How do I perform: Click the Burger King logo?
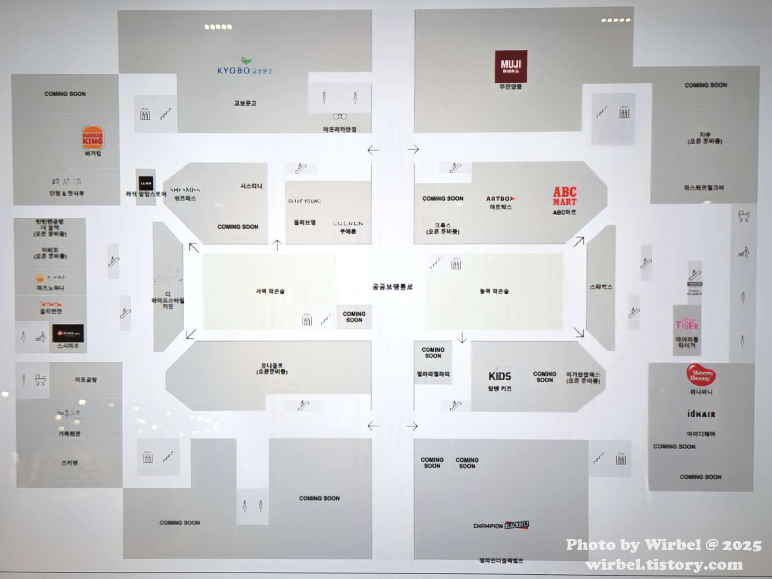(x=93, y=137)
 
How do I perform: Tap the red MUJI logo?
(x=510, y=67)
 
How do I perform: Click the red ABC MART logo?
(x=565, y=196)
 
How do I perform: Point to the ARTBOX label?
(x=500, y=198)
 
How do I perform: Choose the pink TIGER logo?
(x=687, y=324)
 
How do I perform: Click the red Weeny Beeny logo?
(x=701, y=375)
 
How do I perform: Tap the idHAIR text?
(x=701, y=414)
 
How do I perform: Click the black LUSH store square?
(x=145, y=183)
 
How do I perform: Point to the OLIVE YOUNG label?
(x=304, y=201)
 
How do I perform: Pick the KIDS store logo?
(x=500, y=376)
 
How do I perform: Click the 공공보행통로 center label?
(x=392, y=287)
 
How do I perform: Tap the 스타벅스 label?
(x=601, y=287)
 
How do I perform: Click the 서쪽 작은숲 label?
(x=270, y=291)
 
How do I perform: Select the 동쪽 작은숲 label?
(x=494, y=291)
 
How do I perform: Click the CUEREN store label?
(x=348, y=223)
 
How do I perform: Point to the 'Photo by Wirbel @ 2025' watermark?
(x=663, y=545)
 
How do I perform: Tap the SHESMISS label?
(x=185, y=190)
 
